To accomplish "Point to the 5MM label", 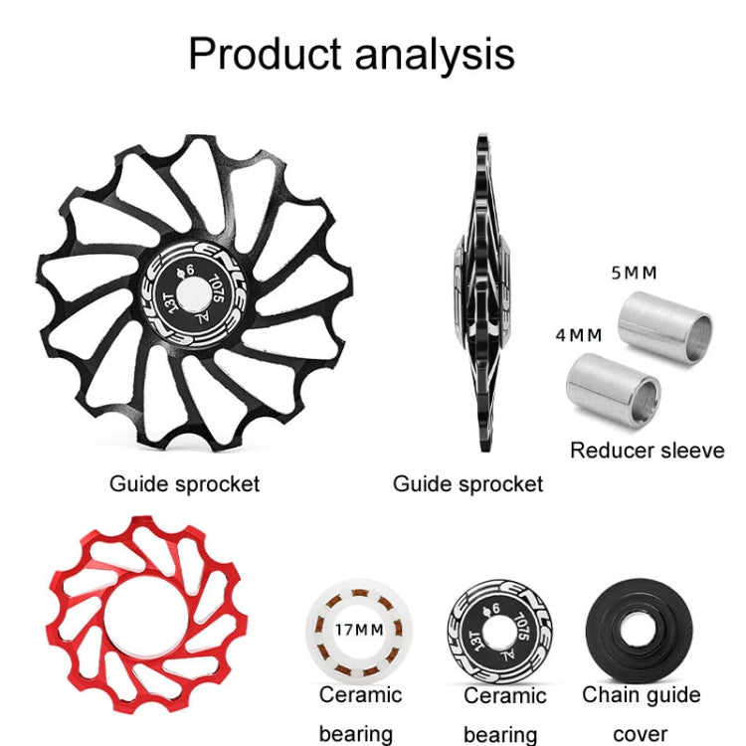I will point(634,273).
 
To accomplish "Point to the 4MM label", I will point(578,335).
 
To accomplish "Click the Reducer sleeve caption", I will point(647,451).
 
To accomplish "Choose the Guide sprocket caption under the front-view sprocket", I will point(184,484).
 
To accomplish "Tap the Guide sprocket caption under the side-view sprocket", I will point(467,484).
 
